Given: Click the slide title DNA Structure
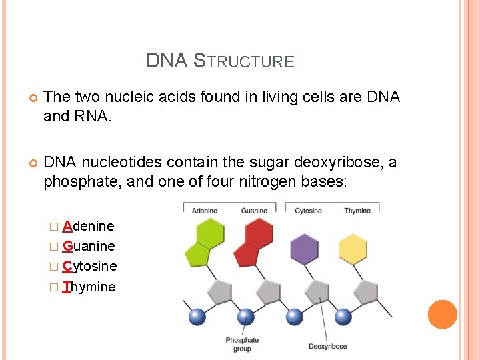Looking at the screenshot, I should tap(220, 61).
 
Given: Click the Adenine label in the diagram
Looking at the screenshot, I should tap(205, 211).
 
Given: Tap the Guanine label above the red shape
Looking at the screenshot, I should tap(254, 211).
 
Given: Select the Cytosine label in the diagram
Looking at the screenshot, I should tap(308, 211).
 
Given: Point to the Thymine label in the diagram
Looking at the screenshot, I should tap(357, 211).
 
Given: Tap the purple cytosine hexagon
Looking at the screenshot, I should tap(305, 249).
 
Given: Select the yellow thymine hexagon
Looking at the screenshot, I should tap(353, 249).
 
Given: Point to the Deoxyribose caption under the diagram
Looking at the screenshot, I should tap(327, 346).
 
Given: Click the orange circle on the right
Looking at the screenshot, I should tap(442, 314).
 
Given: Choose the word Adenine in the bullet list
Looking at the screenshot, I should tap(88, 226).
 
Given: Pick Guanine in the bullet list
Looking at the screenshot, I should tap(89, 246).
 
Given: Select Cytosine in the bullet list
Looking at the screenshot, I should tap(89, 266).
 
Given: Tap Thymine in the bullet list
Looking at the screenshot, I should tap(89, 287).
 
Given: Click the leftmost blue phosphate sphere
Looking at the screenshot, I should tap(197, 317).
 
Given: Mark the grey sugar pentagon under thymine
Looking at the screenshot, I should tap(365, 291).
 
